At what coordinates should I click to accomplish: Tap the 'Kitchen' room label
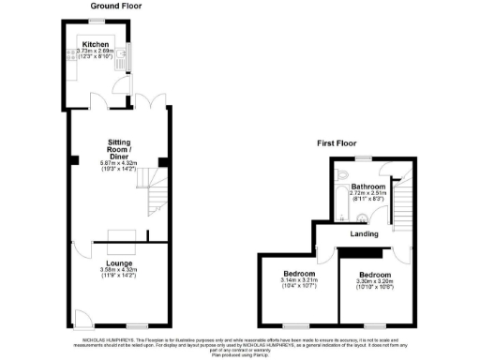click(x=97, y=43)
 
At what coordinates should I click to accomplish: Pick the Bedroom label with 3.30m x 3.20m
click(x=374, y=274)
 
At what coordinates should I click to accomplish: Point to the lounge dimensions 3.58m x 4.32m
click(x=118, y=271)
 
